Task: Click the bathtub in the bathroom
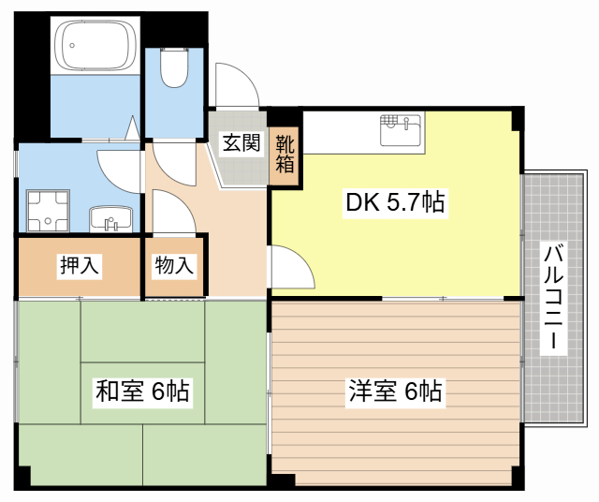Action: point(95,45)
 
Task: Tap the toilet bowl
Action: point(174,67)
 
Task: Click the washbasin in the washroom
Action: point(110,219)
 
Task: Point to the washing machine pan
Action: point(48,211)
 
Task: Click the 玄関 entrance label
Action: point(241,142)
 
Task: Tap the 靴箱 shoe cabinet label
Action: point(285,154)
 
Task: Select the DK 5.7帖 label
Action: point(395,202)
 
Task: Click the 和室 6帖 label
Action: point(142,391)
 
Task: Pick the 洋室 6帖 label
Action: point(395,391)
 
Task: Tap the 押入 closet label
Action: point(80,264)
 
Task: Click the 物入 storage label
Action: point(174,264)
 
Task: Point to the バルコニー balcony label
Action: point(553,298)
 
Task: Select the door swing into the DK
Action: point(293,267)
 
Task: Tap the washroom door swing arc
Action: point(119,171)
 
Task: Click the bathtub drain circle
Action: point(72,46)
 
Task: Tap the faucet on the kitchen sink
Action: point(406,123)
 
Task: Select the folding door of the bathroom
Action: point(133,128)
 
